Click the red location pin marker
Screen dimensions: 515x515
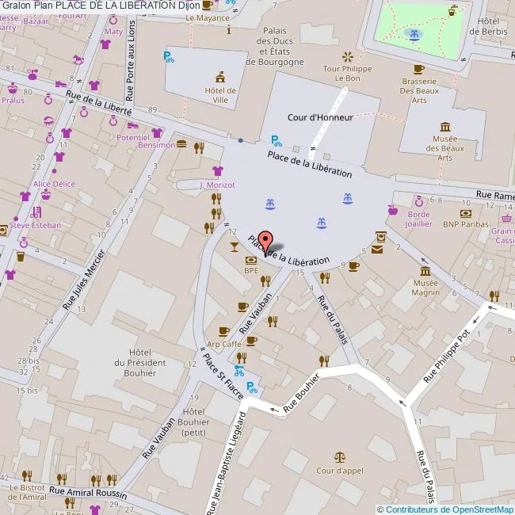[265, 241]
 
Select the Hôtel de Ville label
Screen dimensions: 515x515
[221, 95]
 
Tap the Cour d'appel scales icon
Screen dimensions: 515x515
[340, 457]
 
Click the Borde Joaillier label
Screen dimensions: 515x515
[419, 219]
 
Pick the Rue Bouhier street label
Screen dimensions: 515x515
[301, 393]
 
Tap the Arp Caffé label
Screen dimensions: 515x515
[224, 345]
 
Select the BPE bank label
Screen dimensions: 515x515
[251, 270]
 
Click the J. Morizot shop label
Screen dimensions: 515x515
[217, 185]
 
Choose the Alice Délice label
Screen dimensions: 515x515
[54, 184]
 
